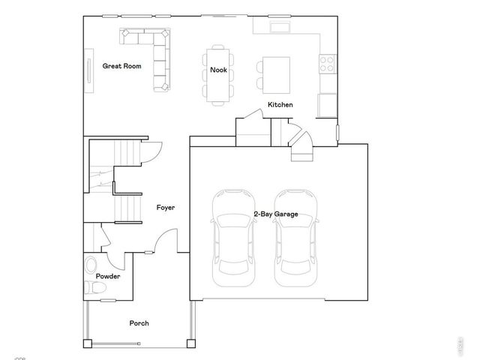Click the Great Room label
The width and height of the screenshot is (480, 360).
coord(121,66)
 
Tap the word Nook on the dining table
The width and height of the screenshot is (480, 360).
coord(218,70)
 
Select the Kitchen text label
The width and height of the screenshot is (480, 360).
coord(280,105)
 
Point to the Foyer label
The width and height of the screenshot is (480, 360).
coord(166,208)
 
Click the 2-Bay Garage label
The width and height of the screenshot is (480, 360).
coord(275,214)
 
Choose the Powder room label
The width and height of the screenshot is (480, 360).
coord(108,277)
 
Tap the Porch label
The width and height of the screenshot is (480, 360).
coord(139,323)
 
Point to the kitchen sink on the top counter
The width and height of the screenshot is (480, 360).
coord(281,28)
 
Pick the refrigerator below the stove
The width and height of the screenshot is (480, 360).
coord(328,104)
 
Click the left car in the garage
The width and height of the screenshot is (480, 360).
coord(233,237)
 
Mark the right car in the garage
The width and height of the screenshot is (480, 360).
coord(294,237)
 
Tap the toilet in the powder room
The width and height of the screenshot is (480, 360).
coord(91,265)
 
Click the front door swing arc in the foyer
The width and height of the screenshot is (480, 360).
coord(166,241)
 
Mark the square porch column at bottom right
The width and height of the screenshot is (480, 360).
coord(191,343)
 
